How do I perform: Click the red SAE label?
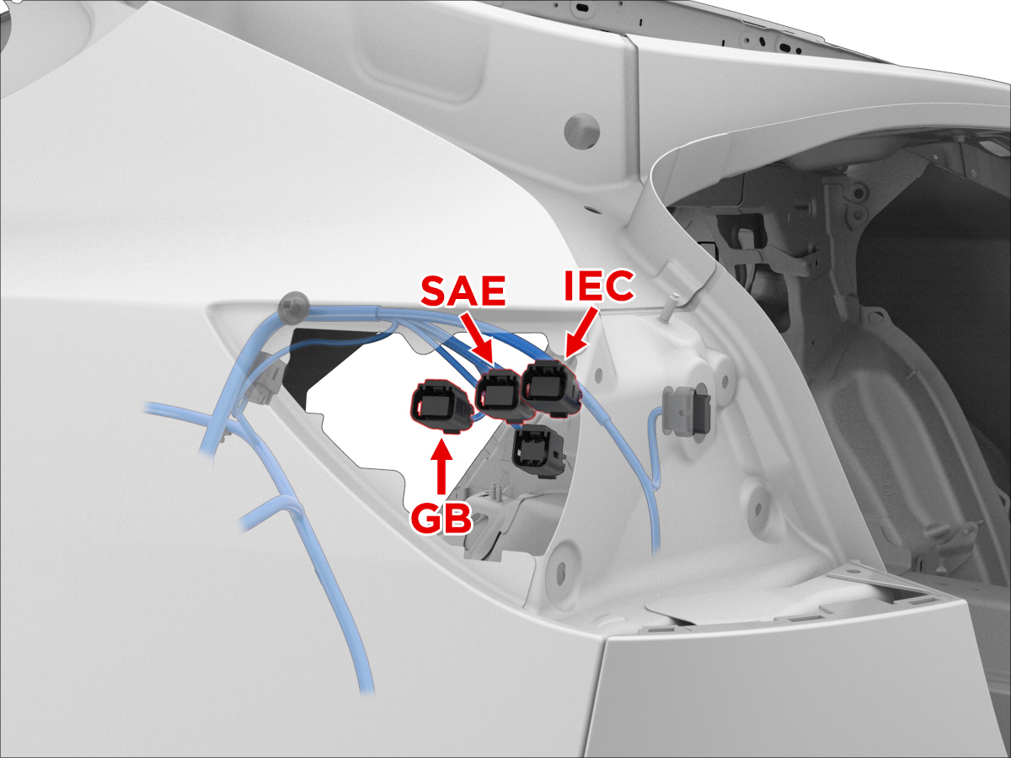pyautogui.click(x=463, y=291)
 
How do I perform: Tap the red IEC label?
pyautogui.click(x=599, y=286)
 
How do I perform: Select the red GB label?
pyautogui.click(x=441, y=519)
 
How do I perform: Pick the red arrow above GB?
pyautogui.click(x=441, y=466)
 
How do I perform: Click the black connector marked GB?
pyautogui.click(x=441, y=406)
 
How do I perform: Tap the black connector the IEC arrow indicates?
pyautogui.click(x=551, y=388)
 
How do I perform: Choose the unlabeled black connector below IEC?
pyautogui.click(x=538, y=451)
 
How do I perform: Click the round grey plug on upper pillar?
pyautogui.click(x=581, y=131)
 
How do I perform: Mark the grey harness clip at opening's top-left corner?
pyautogui.click(x=293, y=307)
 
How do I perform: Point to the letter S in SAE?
pyautogui.click(x=434, y=291)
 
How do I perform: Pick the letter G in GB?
pyautogui.click(x=425, y=519)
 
